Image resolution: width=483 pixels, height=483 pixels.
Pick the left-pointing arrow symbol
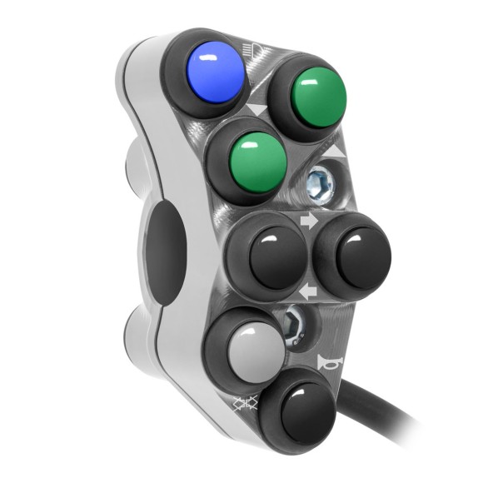click(307, 291)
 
